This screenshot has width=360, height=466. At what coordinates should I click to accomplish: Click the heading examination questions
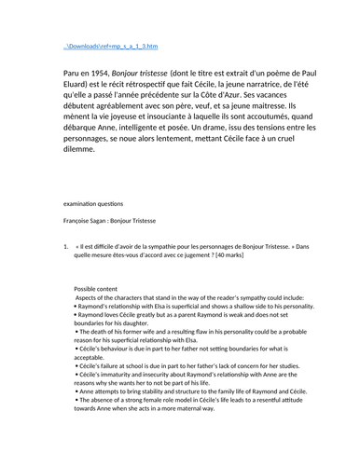tap(102, 202)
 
